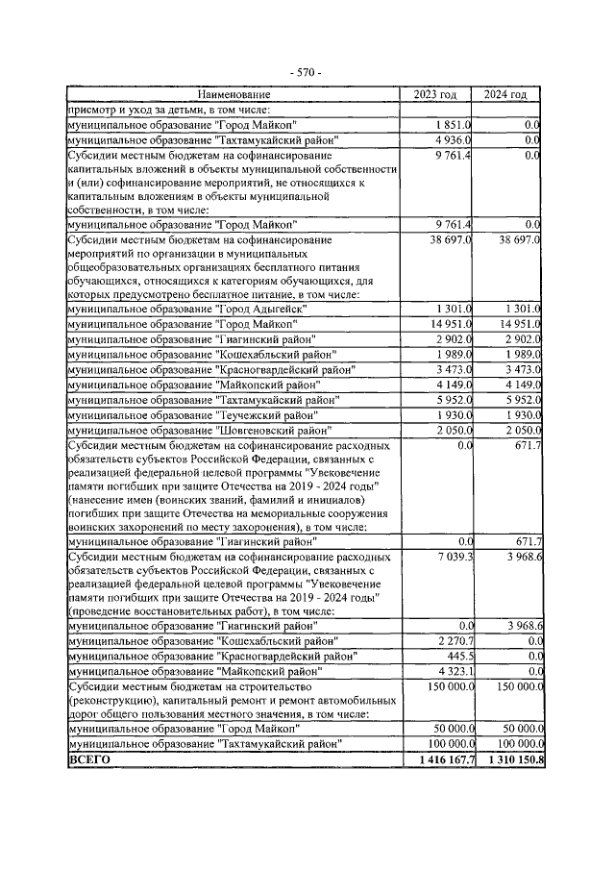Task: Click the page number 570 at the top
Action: click(x=307, y=73)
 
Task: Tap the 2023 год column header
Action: click(x=435, y=95)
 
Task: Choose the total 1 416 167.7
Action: click(x=440, y=759)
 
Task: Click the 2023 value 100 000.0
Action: click(x=445, y=744)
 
